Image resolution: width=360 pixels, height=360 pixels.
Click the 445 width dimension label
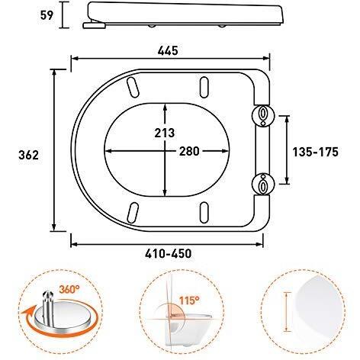click(168, 51)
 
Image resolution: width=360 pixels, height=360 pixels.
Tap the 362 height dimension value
click(29, 155)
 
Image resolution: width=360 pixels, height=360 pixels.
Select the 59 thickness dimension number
click(47, 15)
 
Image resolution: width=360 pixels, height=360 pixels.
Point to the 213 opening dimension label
click(165, 133)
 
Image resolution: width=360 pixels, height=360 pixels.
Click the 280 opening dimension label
click(189, 151)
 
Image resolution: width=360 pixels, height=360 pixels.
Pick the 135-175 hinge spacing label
click(316, 152)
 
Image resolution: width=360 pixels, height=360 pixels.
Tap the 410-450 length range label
click(169, 253)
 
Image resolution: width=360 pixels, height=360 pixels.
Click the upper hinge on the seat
click(263, 115)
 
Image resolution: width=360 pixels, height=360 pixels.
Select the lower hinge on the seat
click(263, 185)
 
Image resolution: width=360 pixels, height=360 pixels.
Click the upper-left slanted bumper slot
click(132, 87)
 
